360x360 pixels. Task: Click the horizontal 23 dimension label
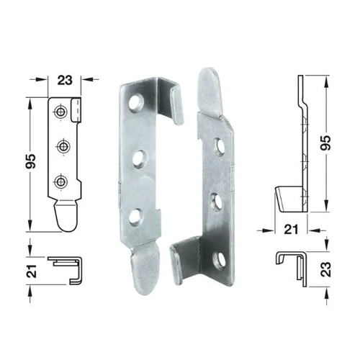click(x=65, y=81)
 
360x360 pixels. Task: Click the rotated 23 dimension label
click(x=326, y=269)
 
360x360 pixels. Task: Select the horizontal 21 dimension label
click(x=291, y=230)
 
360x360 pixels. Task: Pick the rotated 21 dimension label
click(x=32, y=271)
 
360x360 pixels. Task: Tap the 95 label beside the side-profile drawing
click(x=325, y=143)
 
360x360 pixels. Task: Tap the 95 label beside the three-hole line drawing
click(x=31, y=161)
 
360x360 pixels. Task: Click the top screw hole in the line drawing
click(x=60, y=112)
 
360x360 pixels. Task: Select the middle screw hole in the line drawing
click(x=63, y=146)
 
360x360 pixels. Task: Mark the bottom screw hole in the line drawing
click(x=60, y=181)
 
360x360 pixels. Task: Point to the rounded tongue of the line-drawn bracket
click(x=66, y=215)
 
